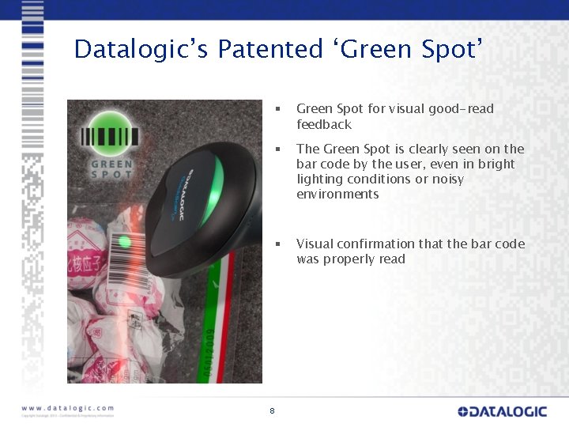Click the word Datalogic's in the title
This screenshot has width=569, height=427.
[x=141, y=50]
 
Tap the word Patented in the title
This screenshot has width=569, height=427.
[x=270, y=50]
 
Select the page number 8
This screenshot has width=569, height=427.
[x=272, y=410]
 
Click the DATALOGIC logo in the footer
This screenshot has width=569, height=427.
[x=502, y=411]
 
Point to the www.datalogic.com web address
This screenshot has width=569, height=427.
[x=68, y=409]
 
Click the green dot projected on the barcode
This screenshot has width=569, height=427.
[x=123, y=241]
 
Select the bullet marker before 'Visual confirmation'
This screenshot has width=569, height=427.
[x=277, y=244]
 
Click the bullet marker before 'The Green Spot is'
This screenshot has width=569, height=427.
[x=277, y=149]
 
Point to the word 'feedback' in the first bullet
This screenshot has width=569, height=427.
[x=324, y=124]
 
